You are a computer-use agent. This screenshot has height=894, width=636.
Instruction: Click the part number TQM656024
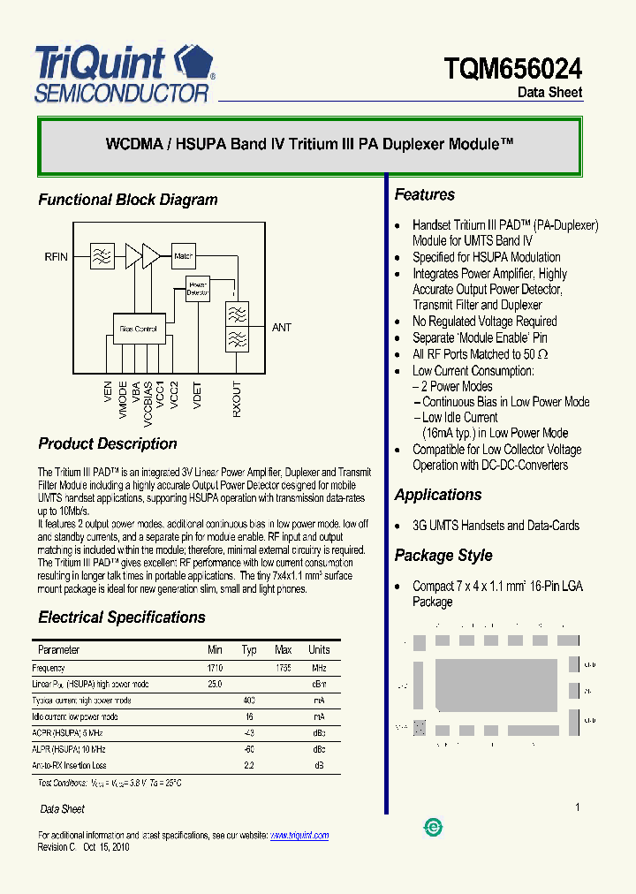513,68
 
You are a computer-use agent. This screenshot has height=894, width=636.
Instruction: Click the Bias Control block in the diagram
138,329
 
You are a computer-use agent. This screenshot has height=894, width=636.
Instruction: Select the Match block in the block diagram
184,256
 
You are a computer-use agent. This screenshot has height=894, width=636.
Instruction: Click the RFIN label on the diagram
57,257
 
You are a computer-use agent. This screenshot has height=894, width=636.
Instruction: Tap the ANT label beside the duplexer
282,328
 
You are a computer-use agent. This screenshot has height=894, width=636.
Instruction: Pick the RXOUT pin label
236,399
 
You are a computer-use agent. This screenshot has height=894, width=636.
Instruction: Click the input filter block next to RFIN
102,257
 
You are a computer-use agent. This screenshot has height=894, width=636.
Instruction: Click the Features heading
425,195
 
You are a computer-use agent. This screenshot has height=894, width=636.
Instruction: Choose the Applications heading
438,496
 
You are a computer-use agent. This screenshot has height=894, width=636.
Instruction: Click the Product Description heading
108,444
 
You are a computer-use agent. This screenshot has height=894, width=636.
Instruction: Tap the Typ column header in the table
249,650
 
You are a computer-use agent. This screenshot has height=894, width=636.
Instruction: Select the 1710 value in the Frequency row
215,669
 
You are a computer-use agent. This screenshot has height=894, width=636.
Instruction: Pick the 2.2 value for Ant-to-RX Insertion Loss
249,766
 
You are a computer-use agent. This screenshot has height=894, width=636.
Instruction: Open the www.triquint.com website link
299,835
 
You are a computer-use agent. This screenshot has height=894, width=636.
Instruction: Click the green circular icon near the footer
434,827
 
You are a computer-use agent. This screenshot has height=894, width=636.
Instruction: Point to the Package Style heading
443,556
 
